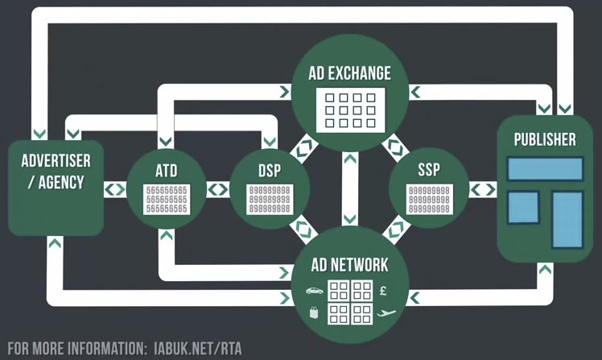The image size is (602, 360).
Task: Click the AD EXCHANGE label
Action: pos(350,73)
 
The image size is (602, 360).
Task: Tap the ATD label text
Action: pos(167,171)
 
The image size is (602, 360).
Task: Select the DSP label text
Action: pos(270,171)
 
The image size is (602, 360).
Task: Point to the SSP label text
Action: pos(429,171)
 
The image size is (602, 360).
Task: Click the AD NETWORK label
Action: pos(349,265)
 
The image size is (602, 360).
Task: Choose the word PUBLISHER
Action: pos(545,139)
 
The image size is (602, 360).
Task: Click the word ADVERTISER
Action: pos(56,159)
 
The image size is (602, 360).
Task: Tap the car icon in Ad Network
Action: pos(314,291)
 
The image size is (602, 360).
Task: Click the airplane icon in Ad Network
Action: pos(386,312)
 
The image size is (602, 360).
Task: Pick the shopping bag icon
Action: pos(315,312)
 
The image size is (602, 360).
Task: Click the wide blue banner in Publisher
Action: pos(545,169)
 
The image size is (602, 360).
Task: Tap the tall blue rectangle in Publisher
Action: pos(567,219)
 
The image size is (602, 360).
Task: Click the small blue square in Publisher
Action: pos(523,207)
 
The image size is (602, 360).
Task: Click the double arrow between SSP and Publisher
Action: pos(483,190)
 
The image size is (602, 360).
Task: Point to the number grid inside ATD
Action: pos(167,198)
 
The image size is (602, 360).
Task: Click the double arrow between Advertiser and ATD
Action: pos(115,190)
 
